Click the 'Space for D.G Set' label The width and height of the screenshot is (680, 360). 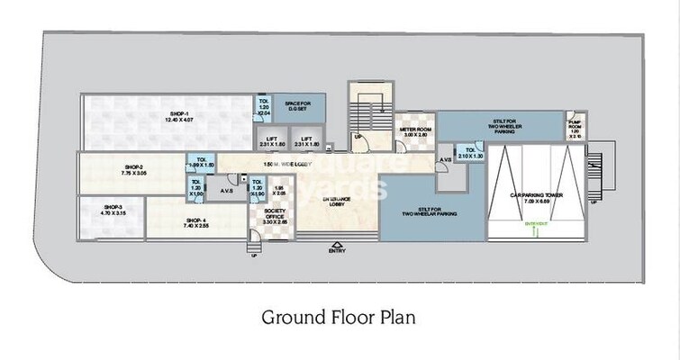[x=297, y=106]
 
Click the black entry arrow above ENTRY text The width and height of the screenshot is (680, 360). [x=337, y=243]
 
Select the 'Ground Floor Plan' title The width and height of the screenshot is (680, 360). [x=339, y=317]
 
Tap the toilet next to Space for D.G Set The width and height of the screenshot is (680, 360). [x=264, y=106]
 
